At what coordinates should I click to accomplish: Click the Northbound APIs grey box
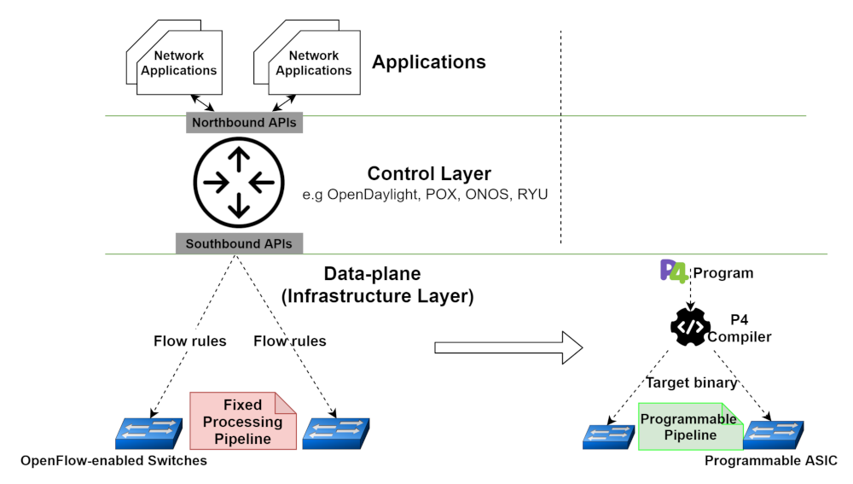(244, 123)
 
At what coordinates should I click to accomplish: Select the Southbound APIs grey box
(239, 243)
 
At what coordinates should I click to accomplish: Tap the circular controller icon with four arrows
(238, 183)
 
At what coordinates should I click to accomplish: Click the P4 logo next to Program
(674, 271)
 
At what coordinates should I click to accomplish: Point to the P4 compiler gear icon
(690, 329)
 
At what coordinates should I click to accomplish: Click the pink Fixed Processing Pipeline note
(242, 421)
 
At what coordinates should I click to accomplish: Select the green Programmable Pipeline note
(689, 427)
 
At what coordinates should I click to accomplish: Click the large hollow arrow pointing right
(508, 347)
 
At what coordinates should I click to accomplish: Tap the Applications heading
(429, 62)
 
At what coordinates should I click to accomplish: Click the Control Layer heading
(429, 173)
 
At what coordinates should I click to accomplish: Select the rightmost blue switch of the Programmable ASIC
(773, 433)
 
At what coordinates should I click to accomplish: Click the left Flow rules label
(189, 341)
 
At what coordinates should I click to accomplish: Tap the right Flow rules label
(290, 341)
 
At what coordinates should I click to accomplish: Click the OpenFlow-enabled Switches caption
(114, 462)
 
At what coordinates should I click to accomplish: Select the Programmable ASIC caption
(771, 462)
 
